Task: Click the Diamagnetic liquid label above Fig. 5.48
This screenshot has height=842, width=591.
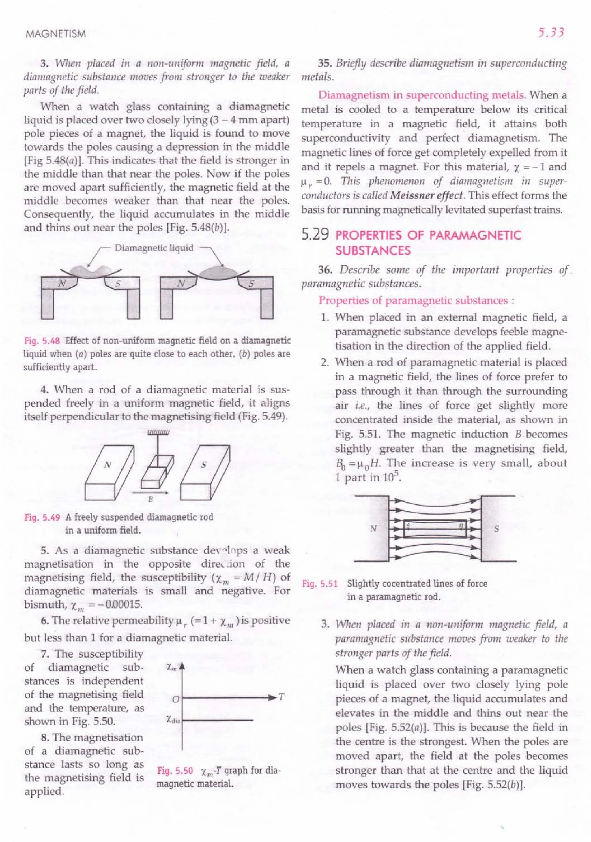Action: point(154,248)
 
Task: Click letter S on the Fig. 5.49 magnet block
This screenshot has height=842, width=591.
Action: point(204,465)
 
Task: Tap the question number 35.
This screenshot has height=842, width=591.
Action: point(324,63)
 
